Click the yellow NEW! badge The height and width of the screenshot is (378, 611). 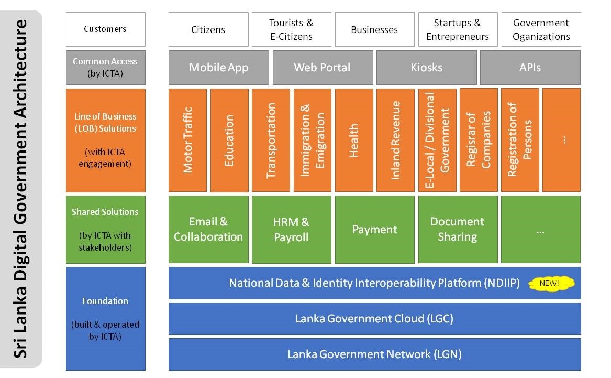[551, 283]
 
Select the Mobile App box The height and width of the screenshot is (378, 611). [219, 68]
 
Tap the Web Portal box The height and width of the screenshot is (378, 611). [323, 68]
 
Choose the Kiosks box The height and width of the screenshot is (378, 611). [426, 68]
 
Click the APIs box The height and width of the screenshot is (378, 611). [530, 68]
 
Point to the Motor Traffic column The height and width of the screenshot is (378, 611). [188, 140]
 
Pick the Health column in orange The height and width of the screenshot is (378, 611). [354, 140]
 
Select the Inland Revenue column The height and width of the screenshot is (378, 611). [395, 140]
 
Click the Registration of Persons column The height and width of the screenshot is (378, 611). [520, 140]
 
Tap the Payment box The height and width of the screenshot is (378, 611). [375, 230]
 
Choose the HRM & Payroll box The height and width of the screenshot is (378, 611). [292, 230]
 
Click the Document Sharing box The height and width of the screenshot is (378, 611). [458, 230]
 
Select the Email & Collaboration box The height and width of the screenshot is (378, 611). [208, 230]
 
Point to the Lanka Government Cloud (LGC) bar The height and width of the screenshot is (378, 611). [374, 319]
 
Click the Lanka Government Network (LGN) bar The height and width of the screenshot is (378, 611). [374, 354]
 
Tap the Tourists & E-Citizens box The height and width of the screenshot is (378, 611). [292, 29]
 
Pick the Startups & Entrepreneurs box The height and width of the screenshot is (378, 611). [458, 29]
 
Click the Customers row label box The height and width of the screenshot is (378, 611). [106, 29]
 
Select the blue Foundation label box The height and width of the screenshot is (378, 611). [106, 319]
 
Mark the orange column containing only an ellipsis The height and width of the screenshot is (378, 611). [561, 140]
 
